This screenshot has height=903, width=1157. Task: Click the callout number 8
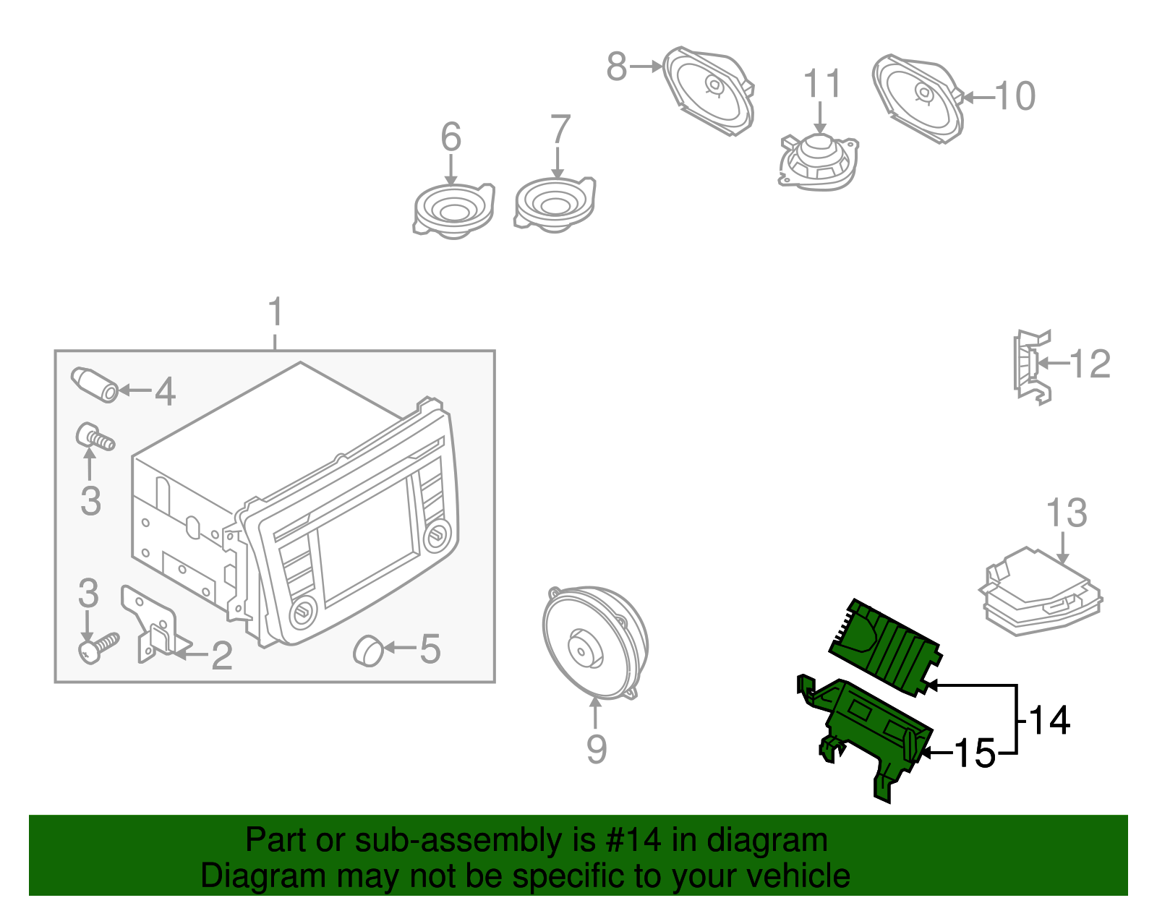click(x=616, y=67)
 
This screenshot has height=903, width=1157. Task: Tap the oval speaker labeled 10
click(x=917, y=98)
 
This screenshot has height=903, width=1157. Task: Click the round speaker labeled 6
click(x=453, y=210)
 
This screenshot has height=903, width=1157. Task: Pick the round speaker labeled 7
click(x=555, y=204)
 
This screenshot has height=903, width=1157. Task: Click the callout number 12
click(x=1090, y=364)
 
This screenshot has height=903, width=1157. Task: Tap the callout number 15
click(x=975, y=753)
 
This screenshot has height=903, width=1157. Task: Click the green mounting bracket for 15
click(x=868, y=730)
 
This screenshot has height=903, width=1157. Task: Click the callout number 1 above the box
click(x=275, y=314)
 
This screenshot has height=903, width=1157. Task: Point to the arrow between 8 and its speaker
click(x=645, y=67)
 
